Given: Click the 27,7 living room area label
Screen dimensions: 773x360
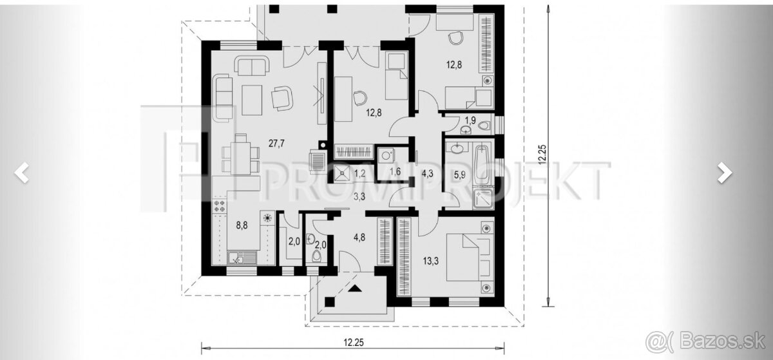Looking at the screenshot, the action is tap(276, 144).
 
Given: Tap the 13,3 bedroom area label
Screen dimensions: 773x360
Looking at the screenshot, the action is tap(431, 261).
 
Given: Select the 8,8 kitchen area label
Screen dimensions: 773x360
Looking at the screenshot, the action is tap(242, 226).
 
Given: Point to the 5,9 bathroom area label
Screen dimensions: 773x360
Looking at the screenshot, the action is tap(460, 175).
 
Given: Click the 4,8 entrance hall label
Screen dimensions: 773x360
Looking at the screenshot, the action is tap(359, 238).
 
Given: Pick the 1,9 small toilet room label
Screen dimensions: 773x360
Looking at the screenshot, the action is tap(470, 120).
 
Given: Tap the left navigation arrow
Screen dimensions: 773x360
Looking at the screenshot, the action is tap(22, 172).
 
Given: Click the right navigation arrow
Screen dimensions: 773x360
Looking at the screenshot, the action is tap(725, 172).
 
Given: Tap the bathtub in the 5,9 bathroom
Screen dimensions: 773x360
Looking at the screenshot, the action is tap(482, 164).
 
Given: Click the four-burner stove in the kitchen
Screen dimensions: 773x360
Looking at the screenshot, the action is tap(220, 206).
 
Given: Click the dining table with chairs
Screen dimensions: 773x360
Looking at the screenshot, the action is tap(240, 155).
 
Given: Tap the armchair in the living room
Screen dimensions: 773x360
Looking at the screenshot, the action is tap(282, 99).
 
